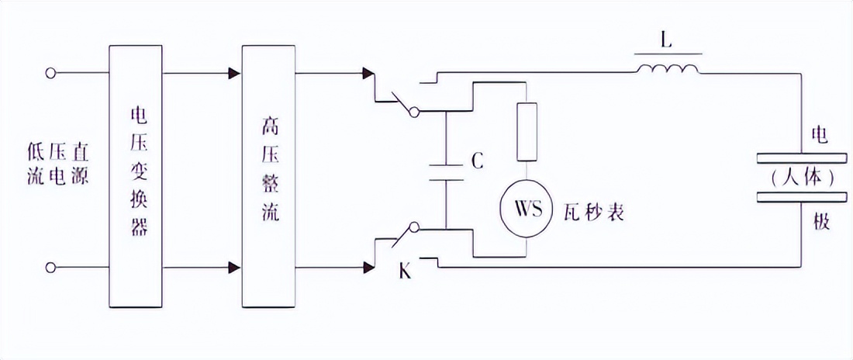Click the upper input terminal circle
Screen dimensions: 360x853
point(51,74)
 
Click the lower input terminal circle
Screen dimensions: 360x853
point(51,268)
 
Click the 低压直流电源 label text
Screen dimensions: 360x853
point(56,163)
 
